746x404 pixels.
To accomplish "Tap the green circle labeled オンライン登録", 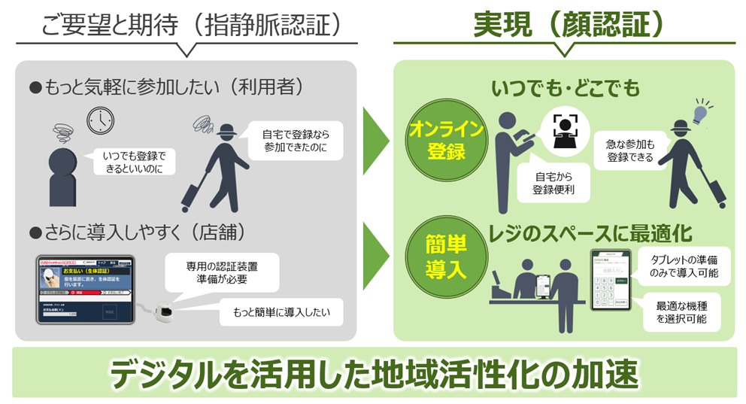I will pyautogui.click(x=438, y=139).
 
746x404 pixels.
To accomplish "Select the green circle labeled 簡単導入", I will pyautogui.click(x=437, y=257).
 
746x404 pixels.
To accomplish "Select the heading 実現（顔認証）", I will pyautogui.click(x=568, y=24).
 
